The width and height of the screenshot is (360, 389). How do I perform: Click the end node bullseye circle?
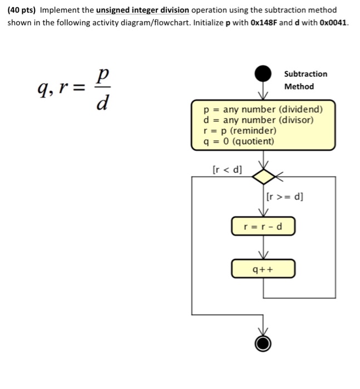[263, 343]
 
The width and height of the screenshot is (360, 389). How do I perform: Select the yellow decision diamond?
[263, 177]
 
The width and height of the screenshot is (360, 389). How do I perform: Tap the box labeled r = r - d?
[263, 227]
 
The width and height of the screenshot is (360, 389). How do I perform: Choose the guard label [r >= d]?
[285, 196]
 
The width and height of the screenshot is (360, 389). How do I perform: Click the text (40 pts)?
[21, 10]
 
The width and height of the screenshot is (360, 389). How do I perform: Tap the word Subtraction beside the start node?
[305, 74]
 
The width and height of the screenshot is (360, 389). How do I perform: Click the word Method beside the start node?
[299, 86]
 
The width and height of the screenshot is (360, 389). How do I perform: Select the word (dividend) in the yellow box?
[300, 109]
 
